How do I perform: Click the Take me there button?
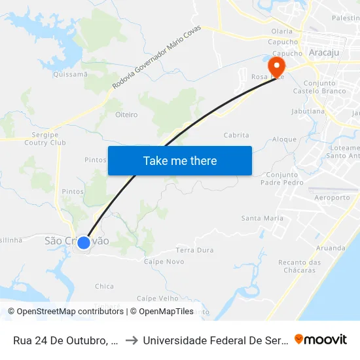tap(180, 160)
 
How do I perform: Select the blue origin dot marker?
tap(84, 243)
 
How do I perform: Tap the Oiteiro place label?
tap(126, 115)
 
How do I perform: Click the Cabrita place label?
tap(236, 135)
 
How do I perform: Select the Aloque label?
tap(284, 139)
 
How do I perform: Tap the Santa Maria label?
tap(262, 218)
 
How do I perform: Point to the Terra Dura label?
tap(195, 250)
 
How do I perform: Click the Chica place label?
tap(104, 286)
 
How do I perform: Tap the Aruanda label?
tap(331, 248)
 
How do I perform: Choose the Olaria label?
tap(282, 31)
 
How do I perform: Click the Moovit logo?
tap(320, 339)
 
